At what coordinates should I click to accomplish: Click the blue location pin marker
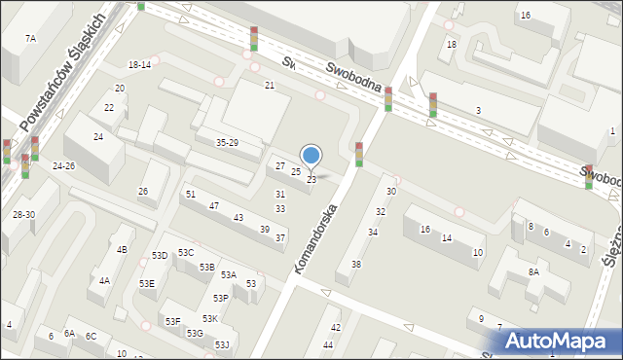tap(311, 156)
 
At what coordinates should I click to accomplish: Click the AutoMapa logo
tap(559, 341)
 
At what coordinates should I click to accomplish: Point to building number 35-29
tap(227, 143)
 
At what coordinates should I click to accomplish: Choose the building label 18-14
tap(139, 64)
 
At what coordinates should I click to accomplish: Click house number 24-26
tap(64, 166)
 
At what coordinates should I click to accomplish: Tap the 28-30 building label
tap(23, 214)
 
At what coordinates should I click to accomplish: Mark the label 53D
tap(160, 255)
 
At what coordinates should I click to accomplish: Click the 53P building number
tap(221, 298)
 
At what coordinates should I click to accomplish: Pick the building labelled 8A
tap(533, 272)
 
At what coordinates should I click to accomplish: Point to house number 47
tap(213, 205)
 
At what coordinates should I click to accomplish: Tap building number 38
tap(356, 265)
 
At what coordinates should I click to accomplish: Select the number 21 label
tap(270, 86)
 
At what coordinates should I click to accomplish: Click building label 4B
tap(122, 250)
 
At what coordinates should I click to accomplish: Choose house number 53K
tap(209, 319)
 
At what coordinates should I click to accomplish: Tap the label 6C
tap(91, 336)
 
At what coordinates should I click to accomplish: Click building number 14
tap(446, 238)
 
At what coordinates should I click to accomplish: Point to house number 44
tap(328, 344)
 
